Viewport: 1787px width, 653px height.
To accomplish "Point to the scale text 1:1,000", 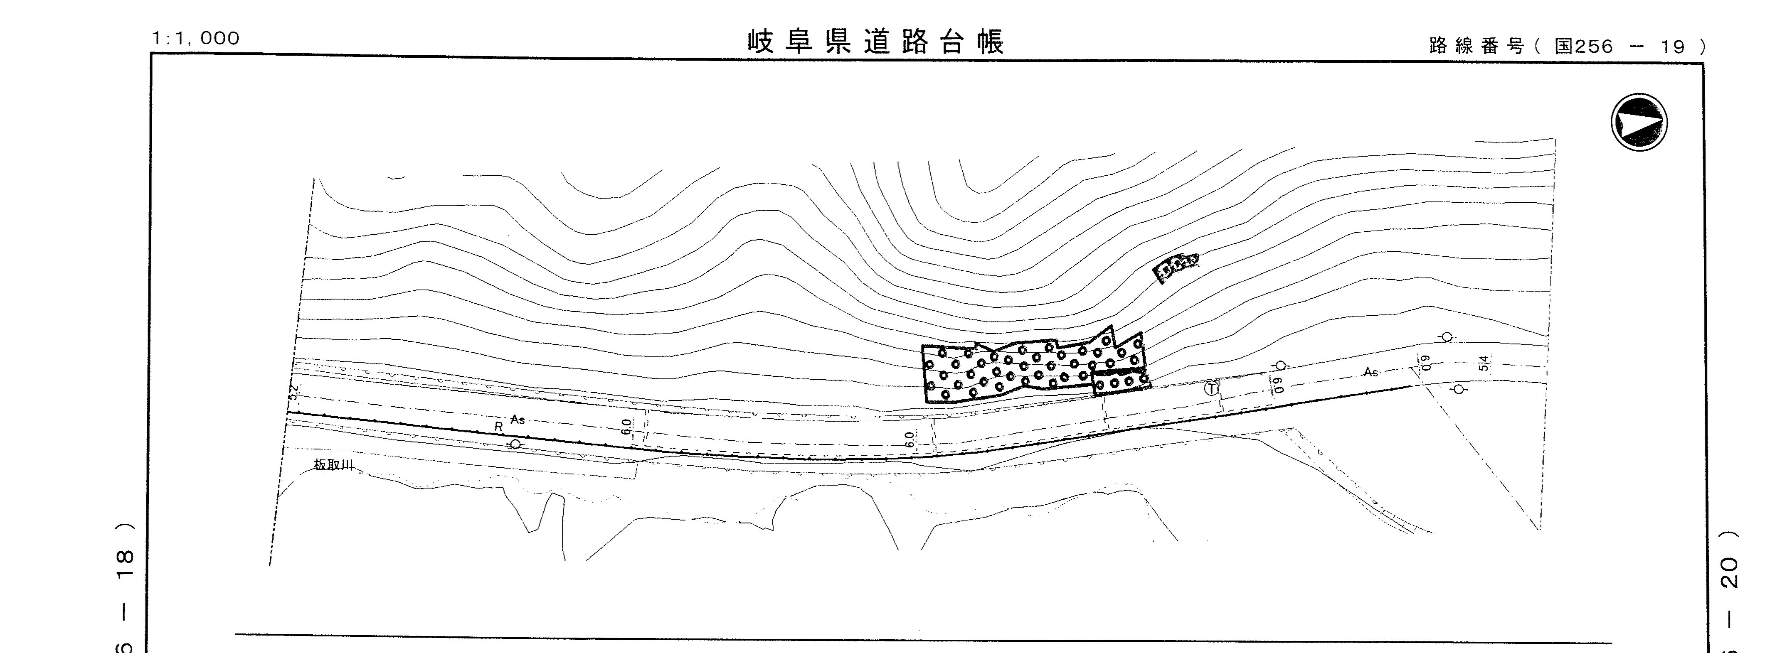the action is click(196, 38).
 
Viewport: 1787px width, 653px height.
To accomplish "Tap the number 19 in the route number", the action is click(1672, 47).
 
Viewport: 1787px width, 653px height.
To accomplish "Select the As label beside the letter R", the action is click(518, 419).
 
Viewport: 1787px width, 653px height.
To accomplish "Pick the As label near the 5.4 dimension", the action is click(1371, 372).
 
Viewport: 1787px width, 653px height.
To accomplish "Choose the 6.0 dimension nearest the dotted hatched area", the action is click(910, 439).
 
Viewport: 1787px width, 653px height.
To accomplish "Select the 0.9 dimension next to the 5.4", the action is click(1426, 363).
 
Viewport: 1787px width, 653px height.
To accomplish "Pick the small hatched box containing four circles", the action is click(1120, 382).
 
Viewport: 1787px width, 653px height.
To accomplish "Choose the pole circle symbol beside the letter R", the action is click(515, 444).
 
